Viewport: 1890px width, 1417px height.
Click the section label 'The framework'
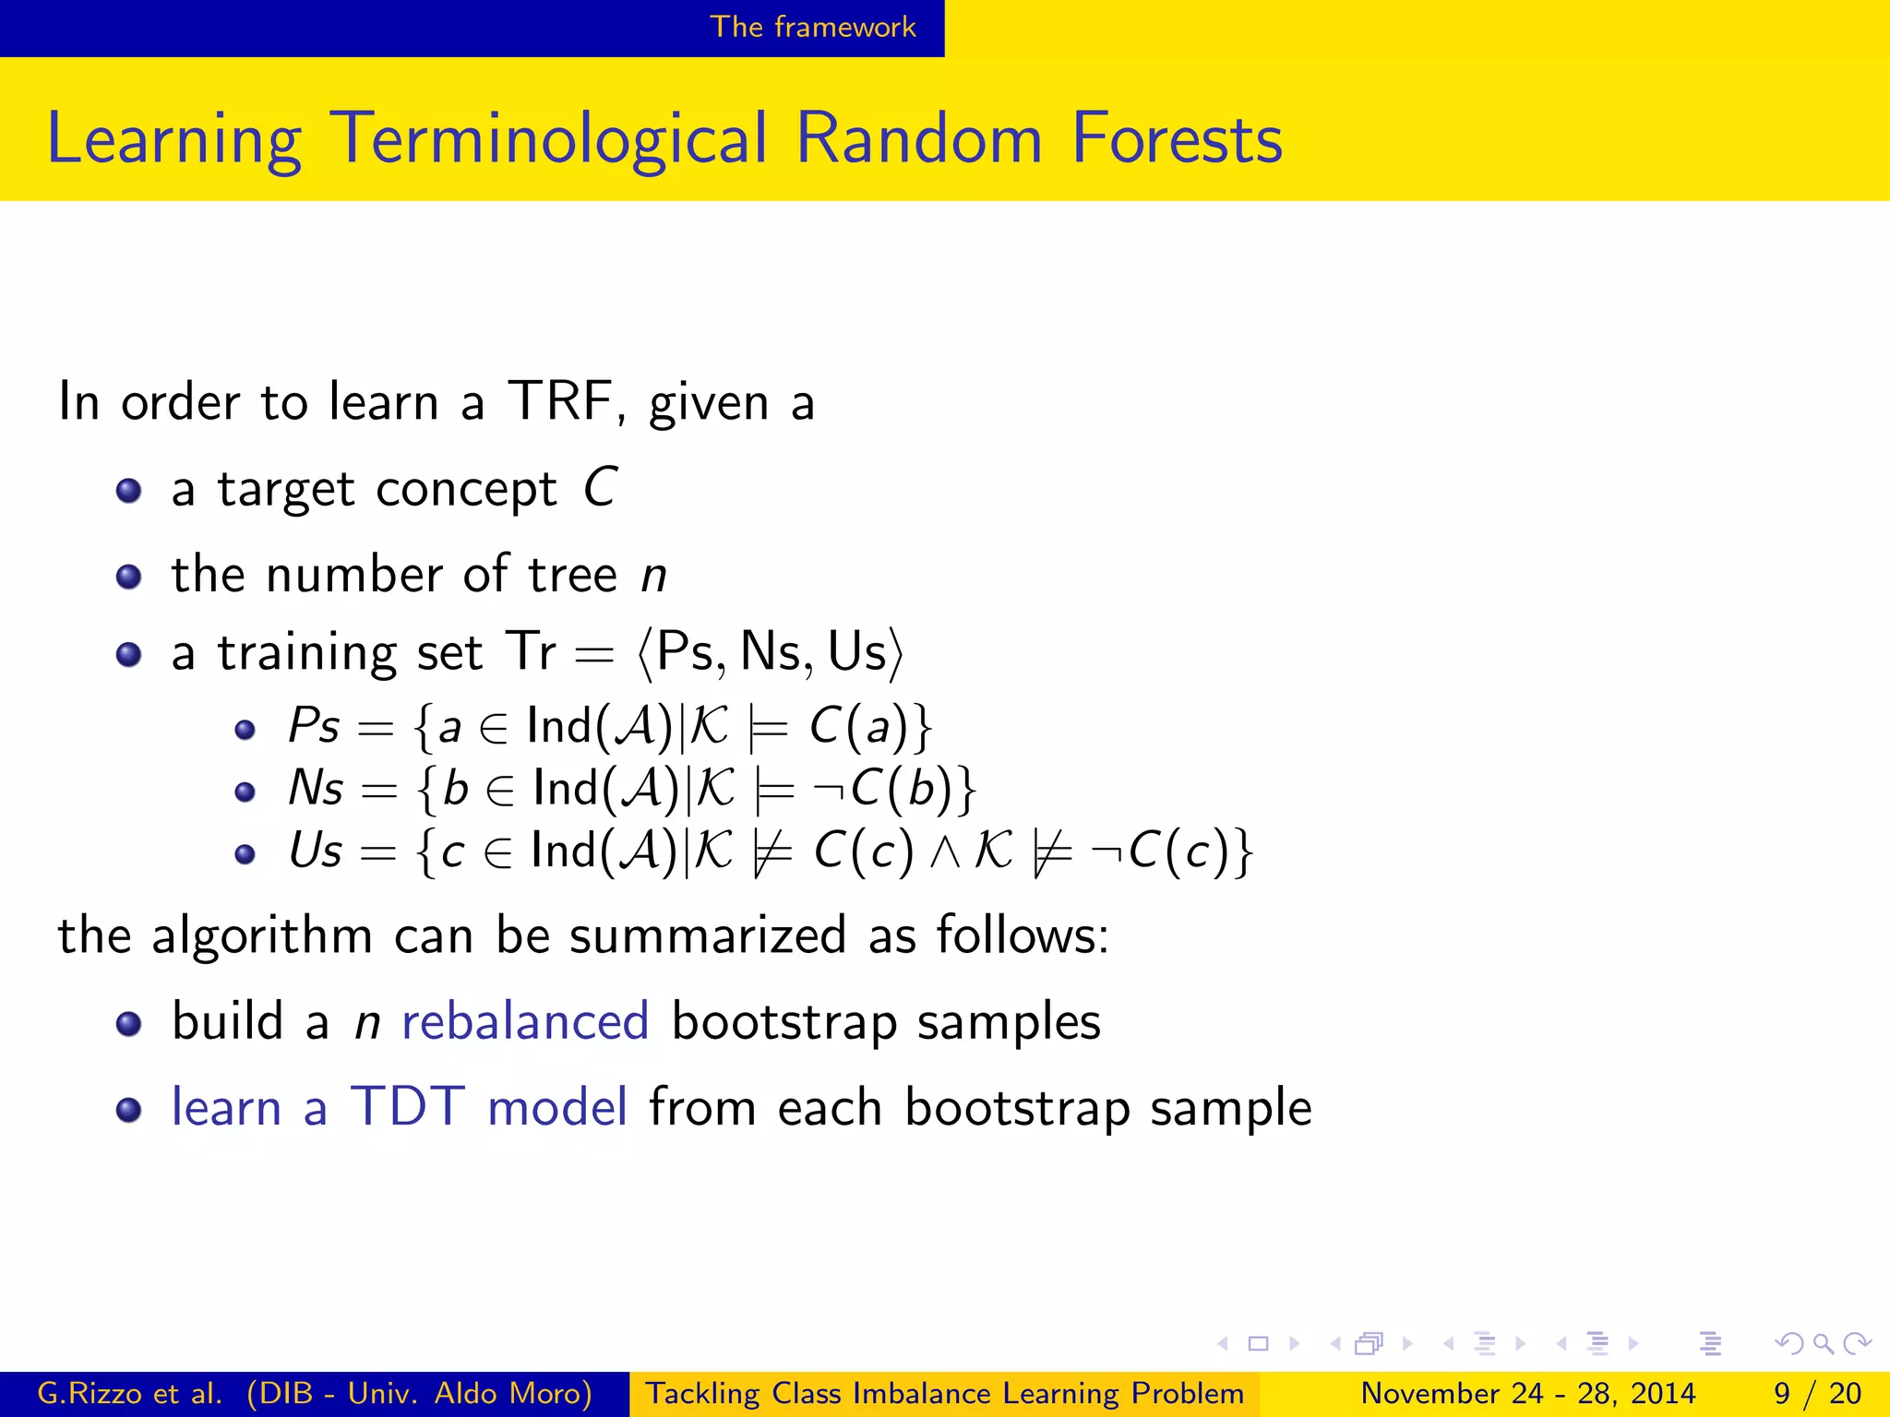[x=812, y=27]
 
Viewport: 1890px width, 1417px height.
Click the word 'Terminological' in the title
[x=550, y=139]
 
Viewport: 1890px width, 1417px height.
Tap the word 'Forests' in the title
[x=1177, y=139]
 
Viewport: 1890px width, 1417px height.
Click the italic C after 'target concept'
[x=600, y=487]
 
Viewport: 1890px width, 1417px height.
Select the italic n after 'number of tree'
[x=653, y=576]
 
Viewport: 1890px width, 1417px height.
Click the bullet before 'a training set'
[x=129, y=655]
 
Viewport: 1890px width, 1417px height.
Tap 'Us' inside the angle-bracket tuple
[x=857, y=651]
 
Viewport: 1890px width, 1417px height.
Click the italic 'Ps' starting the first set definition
[x=313, y=726]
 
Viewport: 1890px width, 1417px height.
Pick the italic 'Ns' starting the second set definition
[x=315, y=789]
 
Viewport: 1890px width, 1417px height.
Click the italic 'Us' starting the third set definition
[x=315, y=851]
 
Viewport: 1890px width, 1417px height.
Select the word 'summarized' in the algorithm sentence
[x=707, y=935]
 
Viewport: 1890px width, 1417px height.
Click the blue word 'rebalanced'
[x=525, y=1022]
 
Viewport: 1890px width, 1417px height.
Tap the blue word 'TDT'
[x=407, y=1107]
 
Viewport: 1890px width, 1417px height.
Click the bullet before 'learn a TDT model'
[x=129, y=1110]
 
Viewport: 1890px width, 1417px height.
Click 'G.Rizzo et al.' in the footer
[x=129, y=1393]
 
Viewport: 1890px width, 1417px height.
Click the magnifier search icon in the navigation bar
[x=1823, y=1343]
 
